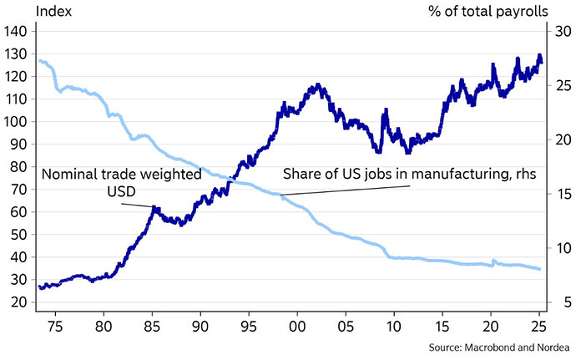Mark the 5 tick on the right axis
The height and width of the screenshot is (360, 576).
[558, 302]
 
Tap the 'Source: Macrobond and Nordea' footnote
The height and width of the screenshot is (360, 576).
[498, 346]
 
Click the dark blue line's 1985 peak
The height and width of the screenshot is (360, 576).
[154, 207]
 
